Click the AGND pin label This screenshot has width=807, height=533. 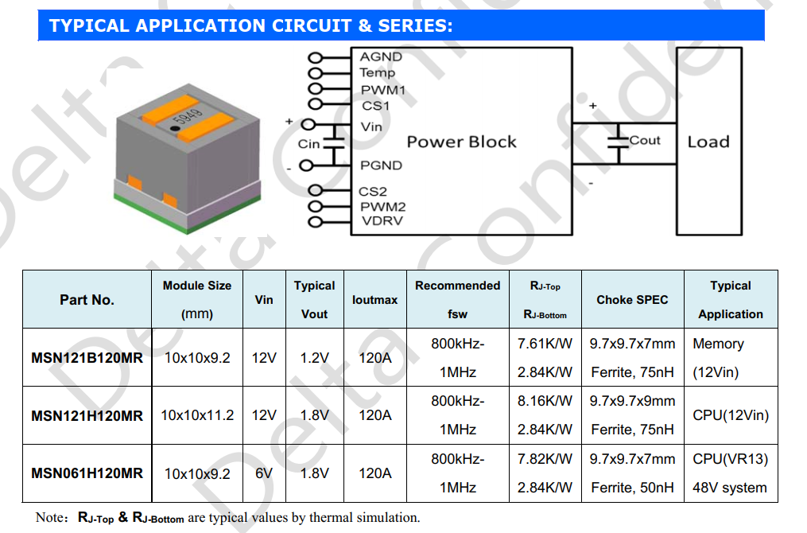click(x=381, y=56)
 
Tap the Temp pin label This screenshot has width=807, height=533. click(x=377, y=72)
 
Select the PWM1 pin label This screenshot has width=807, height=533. click(x=382, y=90)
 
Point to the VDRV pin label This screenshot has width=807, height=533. click(x=382, y=220)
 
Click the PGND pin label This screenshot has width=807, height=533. click(x=381, y=165)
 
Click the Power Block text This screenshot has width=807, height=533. click(x=461, y=142)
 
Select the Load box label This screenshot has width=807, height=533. click(x=708, y=142)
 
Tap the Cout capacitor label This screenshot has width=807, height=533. click(x=645, y=140)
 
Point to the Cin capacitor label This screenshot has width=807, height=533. click(x=308, y=144)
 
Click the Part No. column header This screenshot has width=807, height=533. click(x=87, y=300)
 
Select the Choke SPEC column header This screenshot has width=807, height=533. click(x=632, y=300)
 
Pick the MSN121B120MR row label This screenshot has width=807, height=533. click(x=87, y=358)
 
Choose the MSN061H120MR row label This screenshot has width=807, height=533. click(x=87, y=473)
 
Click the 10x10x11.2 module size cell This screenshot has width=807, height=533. click(x=197, y=415)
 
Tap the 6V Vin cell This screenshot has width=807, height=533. click(x=264, y=473)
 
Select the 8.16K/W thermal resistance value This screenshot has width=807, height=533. click(x=545, y=401)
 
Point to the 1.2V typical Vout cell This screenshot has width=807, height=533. click(x=314, y=358)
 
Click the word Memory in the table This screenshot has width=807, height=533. click(x=718, y=344)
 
